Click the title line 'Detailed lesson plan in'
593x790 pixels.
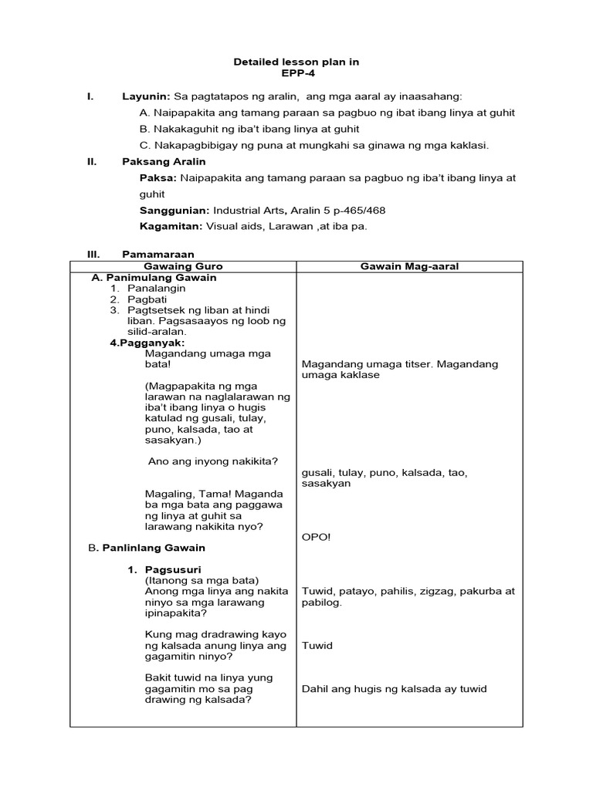(296, 62)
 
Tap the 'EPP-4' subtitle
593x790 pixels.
(296, 74)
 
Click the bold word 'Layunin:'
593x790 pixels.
(146, 96)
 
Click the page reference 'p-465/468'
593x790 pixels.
(359, 210)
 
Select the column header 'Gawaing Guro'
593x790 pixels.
(184, 266)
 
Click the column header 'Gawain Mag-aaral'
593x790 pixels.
(409, 266)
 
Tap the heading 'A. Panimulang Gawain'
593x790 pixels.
(154, 277)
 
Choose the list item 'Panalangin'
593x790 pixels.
(157, 288)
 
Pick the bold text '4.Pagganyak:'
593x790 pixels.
(147, 342)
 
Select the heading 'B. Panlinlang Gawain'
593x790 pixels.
(147, 548)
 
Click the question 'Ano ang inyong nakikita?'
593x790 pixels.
(212, 461)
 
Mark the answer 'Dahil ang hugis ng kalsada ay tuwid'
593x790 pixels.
(395, 689)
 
